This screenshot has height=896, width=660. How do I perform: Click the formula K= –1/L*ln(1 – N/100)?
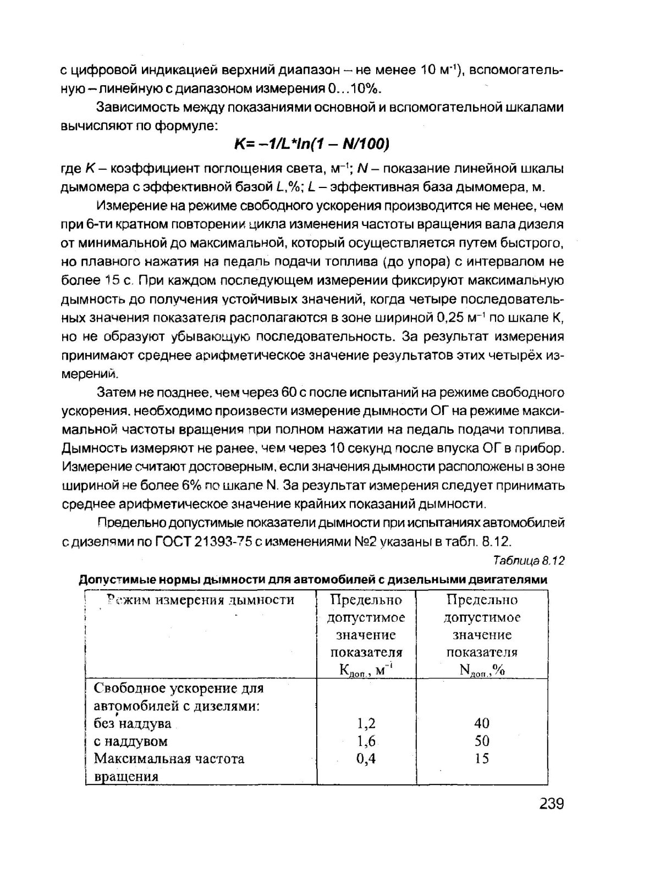click(x=312, y=144)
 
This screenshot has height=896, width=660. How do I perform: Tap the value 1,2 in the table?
click(x=366, y=723)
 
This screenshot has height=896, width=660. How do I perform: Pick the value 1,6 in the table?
click(x=366, y=741)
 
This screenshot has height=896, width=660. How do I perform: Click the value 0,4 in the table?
click(x=366, y=759)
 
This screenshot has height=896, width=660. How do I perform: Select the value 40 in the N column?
click(x=482, y=723)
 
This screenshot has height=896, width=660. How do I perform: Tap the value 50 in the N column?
click(x=482, y=741)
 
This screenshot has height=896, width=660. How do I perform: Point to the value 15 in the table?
click(x=482, y=759)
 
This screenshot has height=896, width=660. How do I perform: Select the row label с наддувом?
click(x=130, y=741)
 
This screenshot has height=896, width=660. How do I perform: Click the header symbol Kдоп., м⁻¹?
click(x=365, y=671)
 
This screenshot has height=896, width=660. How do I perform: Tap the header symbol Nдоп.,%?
click(x=482, y=671)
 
